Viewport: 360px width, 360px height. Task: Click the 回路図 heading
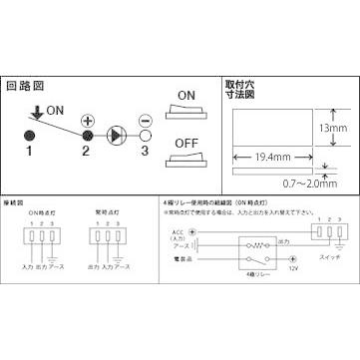[x=25, y=87]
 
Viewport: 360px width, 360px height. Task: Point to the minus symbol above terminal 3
[x=146, y=118]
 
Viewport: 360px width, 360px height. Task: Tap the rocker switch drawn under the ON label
[x=185, y=118]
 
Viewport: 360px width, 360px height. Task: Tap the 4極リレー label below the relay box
[x=252, y=286]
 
